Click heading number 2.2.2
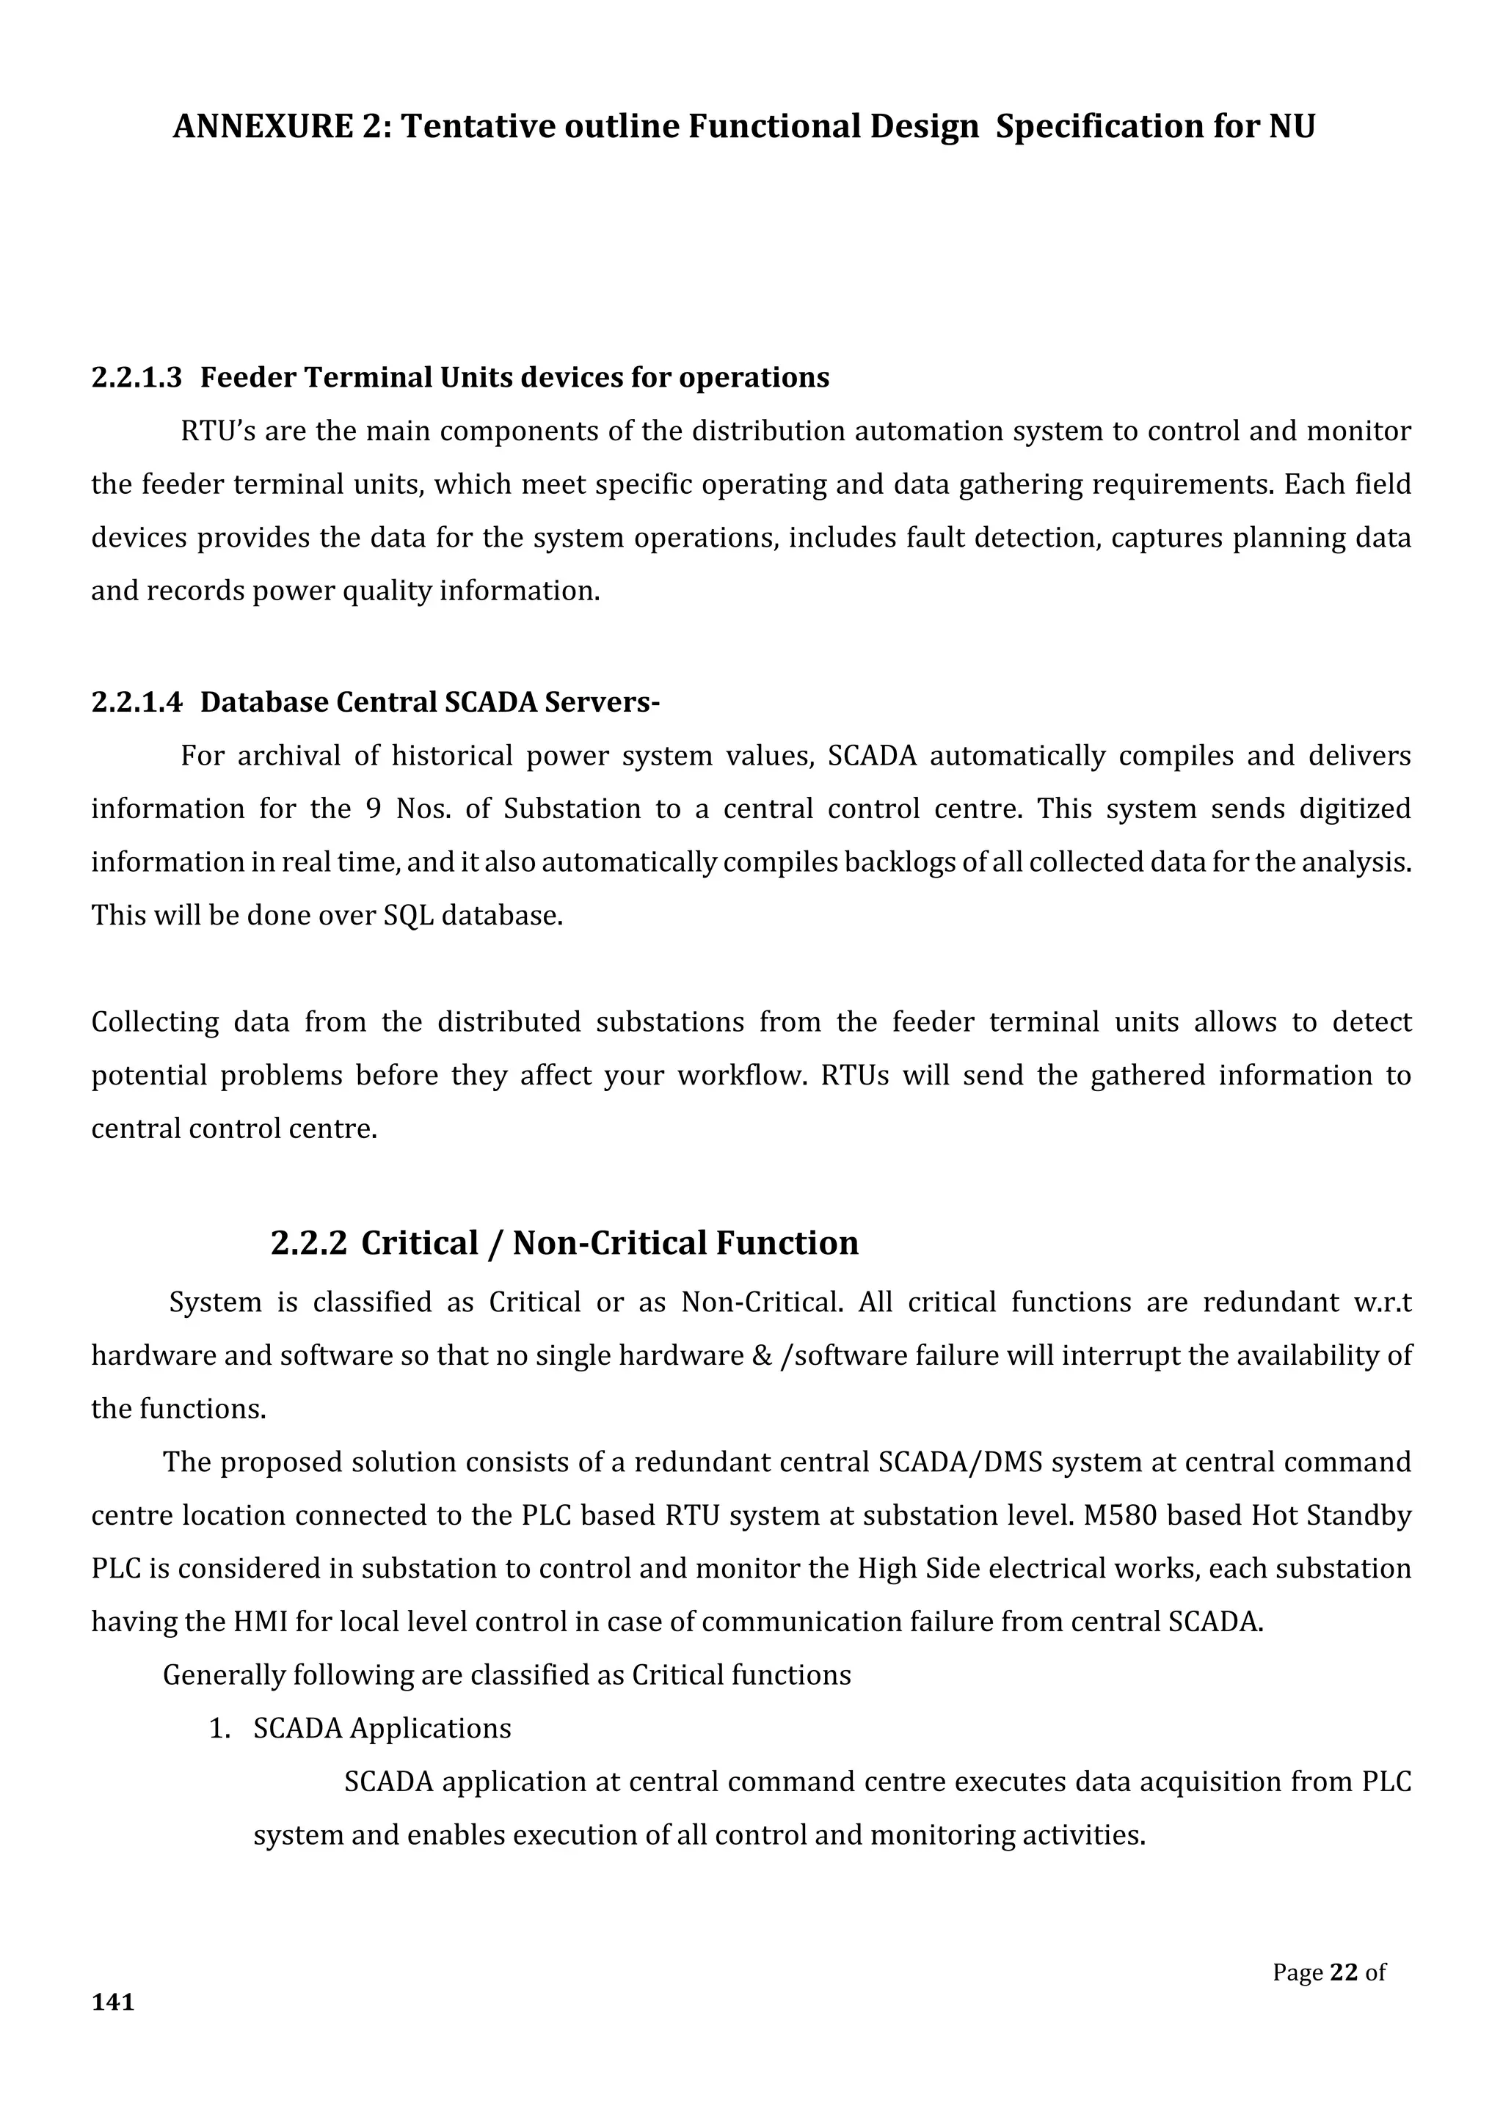point(308,1242)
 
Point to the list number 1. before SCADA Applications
point(219,1728)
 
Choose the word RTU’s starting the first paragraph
point(217,431)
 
